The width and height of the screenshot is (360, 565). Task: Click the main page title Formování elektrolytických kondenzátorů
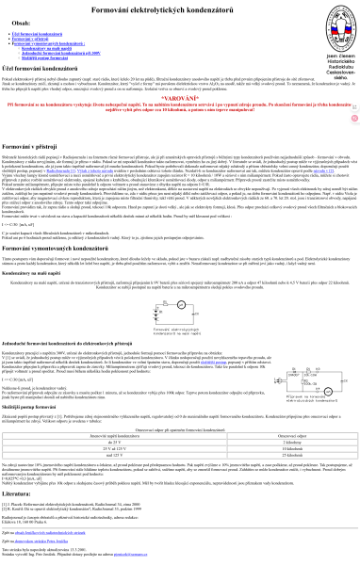click(179, 8)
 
